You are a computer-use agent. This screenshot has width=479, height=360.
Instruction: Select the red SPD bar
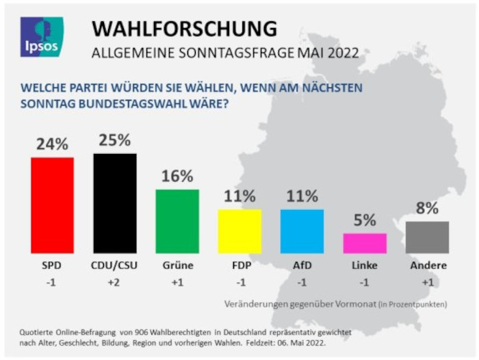52,205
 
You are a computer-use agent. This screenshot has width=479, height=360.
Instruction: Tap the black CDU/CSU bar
114,203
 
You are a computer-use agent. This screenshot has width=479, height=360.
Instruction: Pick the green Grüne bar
177,221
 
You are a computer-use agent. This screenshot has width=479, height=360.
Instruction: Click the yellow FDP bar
239,231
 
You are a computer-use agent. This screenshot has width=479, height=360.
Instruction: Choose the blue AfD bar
302,231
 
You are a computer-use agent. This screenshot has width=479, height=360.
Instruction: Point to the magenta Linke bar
365,243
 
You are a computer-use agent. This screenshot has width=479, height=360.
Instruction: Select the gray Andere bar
427,237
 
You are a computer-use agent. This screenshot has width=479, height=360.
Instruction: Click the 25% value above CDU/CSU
114,140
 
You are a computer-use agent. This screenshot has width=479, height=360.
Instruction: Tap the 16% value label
177,176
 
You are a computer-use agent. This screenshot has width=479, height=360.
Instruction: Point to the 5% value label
365,220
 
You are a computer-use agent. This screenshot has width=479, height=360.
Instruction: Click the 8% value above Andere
427,208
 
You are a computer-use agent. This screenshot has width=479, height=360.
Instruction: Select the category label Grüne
177,266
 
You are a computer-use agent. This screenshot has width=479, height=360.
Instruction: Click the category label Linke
365,266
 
